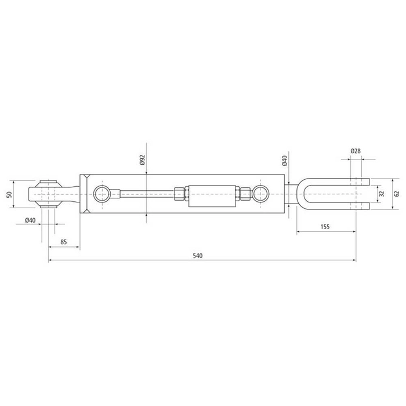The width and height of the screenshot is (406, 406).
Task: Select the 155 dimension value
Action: point(324,227)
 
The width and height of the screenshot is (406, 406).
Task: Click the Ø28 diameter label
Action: point(356,151)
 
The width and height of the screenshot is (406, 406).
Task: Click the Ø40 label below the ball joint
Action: point(30,220)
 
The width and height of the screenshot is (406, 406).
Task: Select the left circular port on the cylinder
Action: point(101,194)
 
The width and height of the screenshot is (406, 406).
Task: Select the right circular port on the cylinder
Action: point(262,194)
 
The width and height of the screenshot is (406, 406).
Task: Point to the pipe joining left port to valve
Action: point(142,194)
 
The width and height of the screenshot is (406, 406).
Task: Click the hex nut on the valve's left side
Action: point(179,194)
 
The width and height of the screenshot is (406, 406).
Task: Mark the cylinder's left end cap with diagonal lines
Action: point(85,194)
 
